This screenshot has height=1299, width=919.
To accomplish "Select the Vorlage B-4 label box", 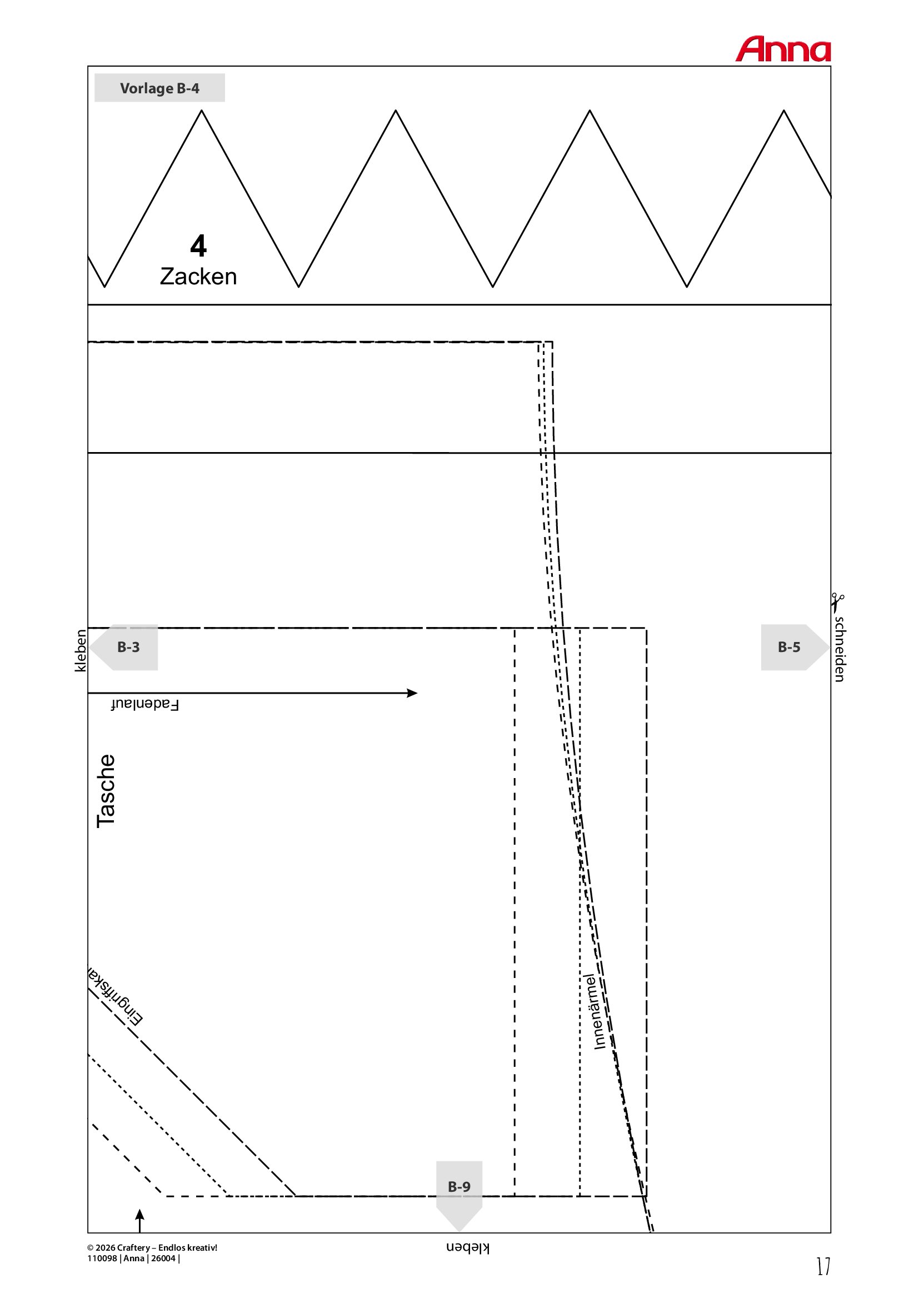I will tap(159, 88).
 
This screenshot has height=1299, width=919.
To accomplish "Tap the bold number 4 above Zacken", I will tap(198, 245).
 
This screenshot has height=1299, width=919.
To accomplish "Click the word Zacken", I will tap(198, 277).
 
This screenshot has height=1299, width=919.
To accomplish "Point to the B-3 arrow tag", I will tap(124, 647).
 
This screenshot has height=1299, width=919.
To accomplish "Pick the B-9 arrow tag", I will tap(459, 1192).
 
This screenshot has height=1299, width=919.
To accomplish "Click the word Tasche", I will tap(106, 790).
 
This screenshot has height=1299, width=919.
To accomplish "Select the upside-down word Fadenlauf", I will tap(145, 704).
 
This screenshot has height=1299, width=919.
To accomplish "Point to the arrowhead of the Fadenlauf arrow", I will tap(412, 693).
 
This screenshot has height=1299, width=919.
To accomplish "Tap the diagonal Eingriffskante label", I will tap(116, 997).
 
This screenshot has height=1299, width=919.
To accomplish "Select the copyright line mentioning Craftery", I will tap(152, 1247).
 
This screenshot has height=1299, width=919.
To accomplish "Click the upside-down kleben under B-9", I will tap(467, 1247).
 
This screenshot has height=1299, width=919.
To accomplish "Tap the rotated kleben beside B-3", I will tap(81, 651).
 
